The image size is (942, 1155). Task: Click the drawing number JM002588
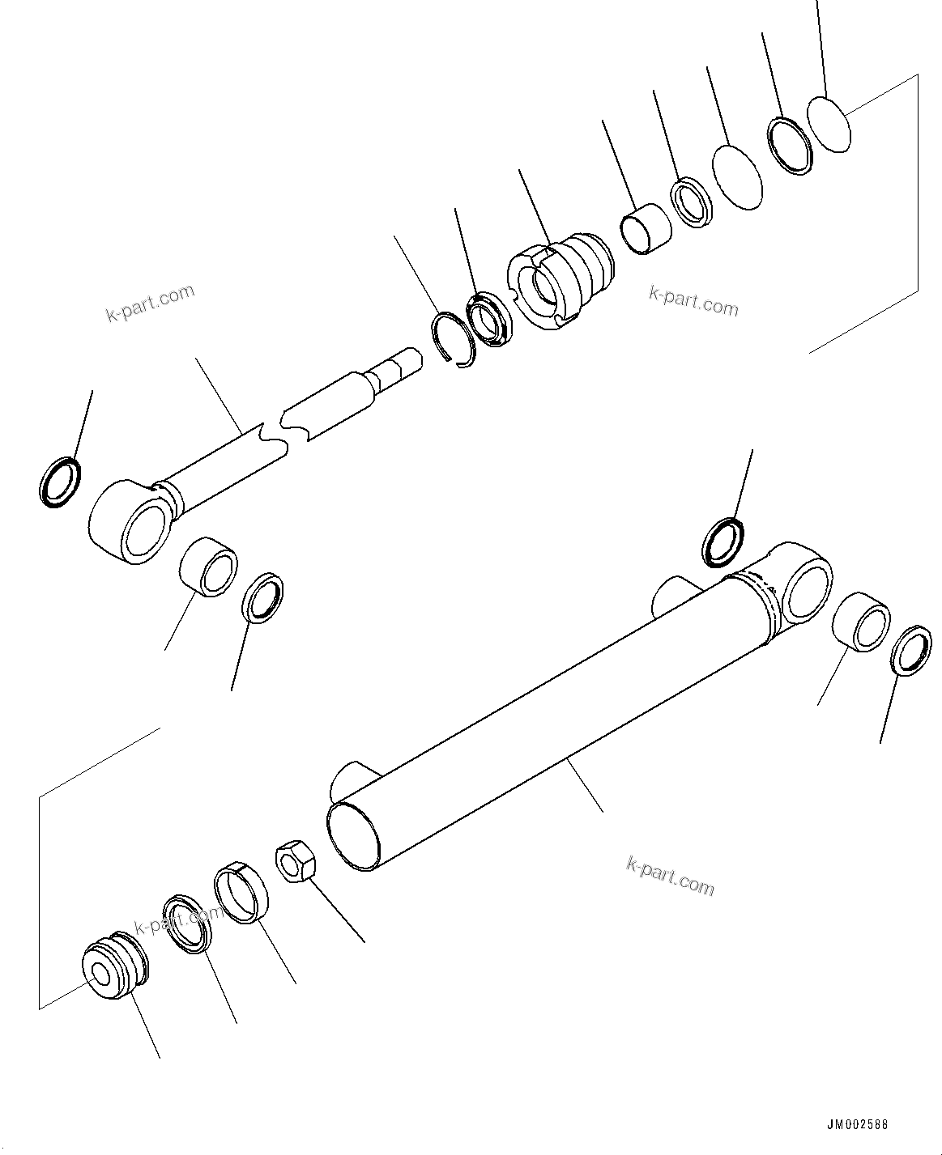coord(857,1125)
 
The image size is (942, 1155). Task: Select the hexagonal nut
coord(293,862)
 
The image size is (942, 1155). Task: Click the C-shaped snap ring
coord(453,339)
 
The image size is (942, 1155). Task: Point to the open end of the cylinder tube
coord(354,836)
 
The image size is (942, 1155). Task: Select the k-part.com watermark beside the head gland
coord(693,302)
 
